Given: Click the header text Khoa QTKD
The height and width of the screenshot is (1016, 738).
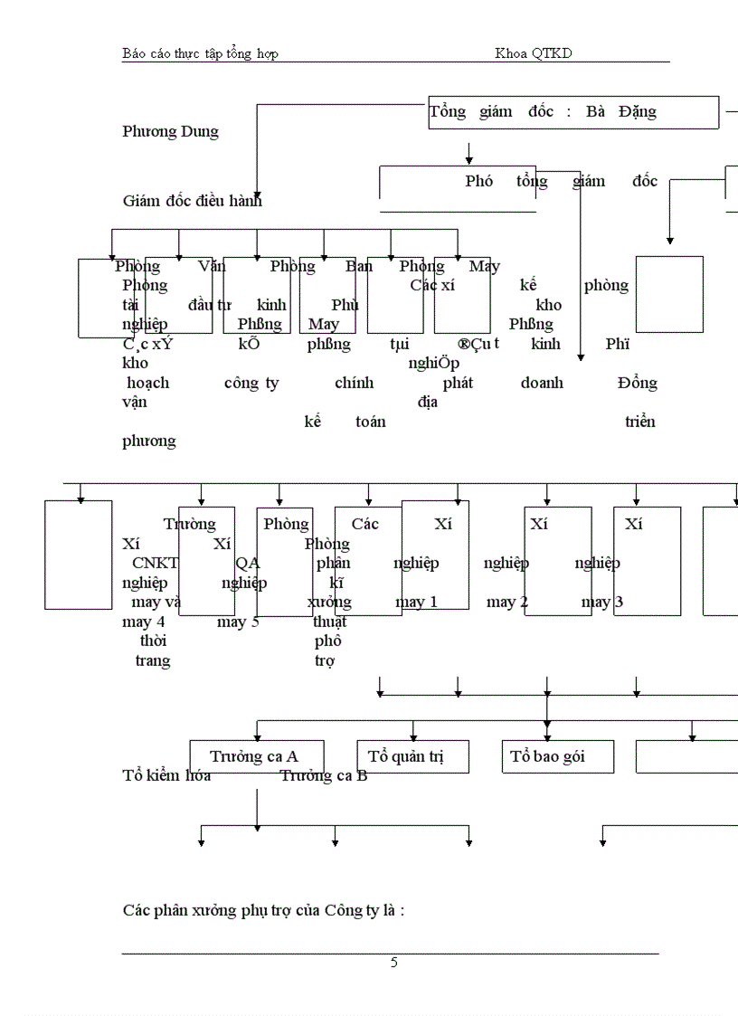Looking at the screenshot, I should point(533,53).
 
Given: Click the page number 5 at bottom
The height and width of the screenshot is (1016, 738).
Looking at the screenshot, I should point(393,963).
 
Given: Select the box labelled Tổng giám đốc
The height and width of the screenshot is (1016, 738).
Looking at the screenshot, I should point(572,112).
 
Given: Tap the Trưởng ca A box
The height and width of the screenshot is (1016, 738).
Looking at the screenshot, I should point(257,756).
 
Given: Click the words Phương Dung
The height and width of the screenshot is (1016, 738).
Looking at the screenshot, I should point(170,131).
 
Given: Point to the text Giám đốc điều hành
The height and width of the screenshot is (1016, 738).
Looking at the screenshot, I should point(192,201).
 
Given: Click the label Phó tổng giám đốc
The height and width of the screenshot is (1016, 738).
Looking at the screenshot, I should point(561,181).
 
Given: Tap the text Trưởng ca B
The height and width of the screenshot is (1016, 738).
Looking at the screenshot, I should point(323,775).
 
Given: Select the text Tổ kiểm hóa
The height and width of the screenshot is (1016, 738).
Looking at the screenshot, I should point(166,775).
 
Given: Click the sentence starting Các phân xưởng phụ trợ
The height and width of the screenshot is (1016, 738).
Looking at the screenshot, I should point(263,909).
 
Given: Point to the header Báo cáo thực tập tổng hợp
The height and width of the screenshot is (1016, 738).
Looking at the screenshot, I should point(200,53).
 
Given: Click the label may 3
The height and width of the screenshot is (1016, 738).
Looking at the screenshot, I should point(601,602).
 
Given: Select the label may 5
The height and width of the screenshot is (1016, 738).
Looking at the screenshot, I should point(238,622).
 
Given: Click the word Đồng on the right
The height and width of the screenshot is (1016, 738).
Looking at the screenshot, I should point(638,383).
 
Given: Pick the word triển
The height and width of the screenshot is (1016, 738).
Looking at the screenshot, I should point(639,422).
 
